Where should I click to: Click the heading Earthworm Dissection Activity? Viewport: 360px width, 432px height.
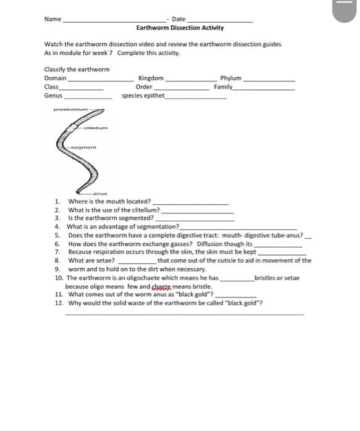[x=180, y=28]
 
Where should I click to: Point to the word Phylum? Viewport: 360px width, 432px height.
[x=231, y=78]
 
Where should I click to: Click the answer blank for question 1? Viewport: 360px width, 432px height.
[x=190, y=203]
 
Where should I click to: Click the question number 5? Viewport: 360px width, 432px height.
[x=57, y=235]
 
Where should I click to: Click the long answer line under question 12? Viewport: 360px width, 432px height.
[x=185, y=314]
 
